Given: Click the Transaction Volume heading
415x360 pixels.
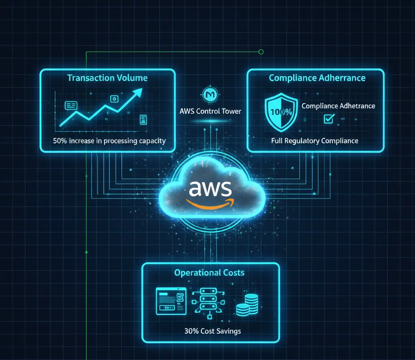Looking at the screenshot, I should pos(107,78).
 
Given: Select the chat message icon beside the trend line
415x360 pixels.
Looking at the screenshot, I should pos(71,106).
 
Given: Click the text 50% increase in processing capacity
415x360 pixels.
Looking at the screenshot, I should pos(109,141).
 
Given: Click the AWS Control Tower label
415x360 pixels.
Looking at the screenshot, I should pos(210,111).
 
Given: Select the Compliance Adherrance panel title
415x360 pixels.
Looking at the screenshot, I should pos(317,78).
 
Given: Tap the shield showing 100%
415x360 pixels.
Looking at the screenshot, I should pos(280,111).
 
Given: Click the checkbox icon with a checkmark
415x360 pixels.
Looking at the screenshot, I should pos(328,119).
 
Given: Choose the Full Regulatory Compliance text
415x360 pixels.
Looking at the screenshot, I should pos(315,141).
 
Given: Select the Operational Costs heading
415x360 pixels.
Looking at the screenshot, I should pos(210,272).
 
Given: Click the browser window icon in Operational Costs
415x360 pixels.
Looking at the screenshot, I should pos(171,301).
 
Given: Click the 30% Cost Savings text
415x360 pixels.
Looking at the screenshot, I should pos(212,331).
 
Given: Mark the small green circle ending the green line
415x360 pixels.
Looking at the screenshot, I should pos(261,52).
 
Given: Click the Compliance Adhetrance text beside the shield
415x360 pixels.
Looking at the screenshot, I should pos(338,106).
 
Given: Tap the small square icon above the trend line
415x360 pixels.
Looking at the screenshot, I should pos(114,98).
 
